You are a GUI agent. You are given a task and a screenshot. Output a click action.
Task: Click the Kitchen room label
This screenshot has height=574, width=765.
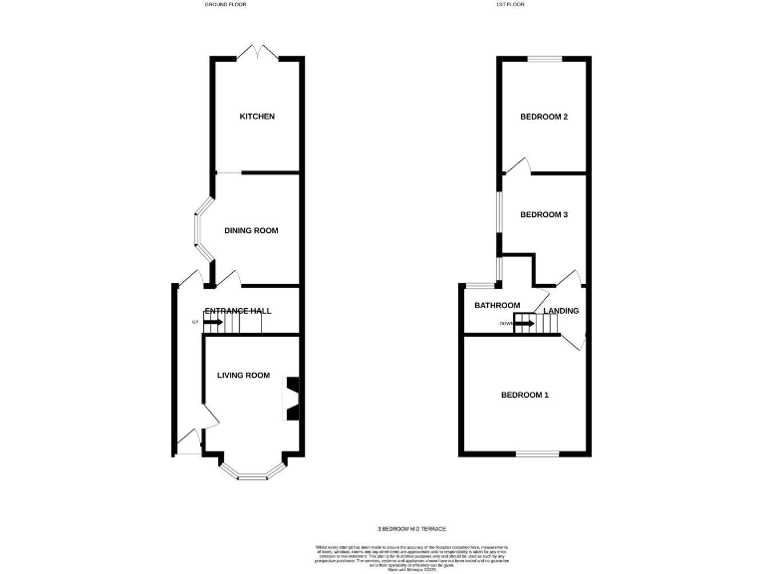point(257,117)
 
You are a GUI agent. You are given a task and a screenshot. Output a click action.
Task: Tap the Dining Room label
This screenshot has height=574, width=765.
point(251,230)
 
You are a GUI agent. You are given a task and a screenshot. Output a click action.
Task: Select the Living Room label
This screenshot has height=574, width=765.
point(244,376)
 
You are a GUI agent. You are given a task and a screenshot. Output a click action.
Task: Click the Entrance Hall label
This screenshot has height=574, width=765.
point(238,311)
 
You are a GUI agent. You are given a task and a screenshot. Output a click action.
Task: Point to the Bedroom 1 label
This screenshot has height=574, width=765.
point(525,396)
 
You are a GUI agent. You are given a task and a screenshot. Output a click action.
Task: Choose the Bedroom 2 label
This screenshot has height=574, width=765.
point(544,117)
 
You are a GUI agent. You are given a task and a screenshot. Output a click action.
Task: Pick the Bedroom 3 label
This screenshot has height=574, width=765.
point(544,214)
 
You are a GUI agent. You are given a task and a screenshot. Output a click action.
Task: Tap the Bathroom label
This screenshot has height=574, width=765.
point(497,305)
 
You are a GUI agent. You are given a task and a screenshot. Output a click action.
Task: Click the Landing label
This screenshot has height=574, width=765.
point(561,311)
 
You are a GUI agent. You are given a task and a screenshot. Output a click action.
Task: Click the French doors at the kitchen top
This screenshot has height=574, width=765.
point(256,51)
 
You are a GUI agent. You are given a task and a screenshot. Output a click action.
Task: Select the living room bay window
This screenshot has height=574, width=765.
point(254,471)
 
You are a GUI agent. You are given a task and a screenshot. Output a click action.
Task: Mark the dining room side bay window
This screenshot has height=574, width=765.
point(199,230)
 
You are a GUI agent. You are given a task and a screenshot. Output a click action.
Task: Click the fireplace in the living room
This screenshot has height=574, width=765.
point(293,397)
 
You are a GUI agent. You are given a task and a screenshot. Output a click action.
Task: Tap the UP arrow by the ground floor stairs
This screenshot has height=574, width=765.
point(211,322)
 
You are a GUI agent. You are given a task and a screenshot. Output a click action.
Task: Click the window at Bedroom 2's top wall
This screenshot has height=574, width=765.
point(544,59)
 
